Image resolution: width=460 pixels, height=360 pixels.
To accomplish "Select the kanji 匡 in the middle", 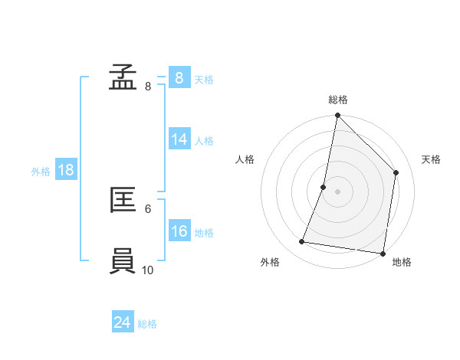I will point(123,200).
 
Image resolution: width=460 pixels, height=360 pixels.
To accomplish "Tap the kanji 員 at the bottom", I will point(123,260).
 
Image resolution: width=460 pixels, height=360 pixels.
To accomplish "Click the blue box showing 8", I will point(179,78).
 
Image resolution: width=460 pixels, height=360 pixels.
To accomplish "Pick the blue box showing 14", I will point(179,139).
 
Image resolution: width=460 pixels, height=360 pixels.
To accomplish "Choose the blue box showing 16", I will point(179,231).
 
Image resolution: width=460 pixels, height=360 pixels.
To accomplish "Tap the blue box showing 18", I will point(66,170).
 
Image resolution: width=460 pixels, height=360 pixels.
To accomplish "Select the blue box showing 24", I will point(123,322).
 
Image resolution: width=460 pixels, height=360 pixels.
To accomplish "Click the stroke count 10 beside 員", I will point(148,270).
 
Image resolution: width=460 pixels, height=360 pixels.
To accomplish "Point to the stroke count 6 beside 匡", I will point(148,208).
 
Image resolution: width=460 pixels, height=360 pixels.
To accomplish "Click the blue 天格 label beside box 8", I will point(204,79).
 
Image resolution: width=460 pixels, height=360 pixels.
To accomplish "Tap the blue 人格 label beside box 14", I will point(204,140).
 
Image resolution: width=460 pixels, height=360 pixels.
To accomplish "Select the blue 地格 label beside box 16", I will point(204,232).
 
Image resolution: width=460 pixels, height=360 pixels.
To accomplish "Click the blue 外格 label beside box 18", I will point(41,172).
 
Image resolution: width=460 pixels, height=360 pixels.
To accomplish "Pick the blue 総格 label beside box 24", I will point(147,324).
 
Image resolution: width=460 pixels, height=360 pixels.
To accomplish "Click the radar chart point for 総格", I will point(337,116).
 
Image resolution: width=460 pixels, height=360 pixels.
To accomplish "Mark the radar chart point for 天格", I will point(396,172).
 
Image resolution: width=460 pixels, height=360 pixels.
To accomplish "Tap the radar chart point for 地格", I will point(382,253).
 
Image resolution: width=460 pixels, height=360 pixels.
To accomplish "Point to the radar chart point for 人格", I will point(324,187).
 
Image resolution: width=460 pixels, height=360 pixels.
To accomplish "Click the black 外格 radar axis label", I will point(270,262).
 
